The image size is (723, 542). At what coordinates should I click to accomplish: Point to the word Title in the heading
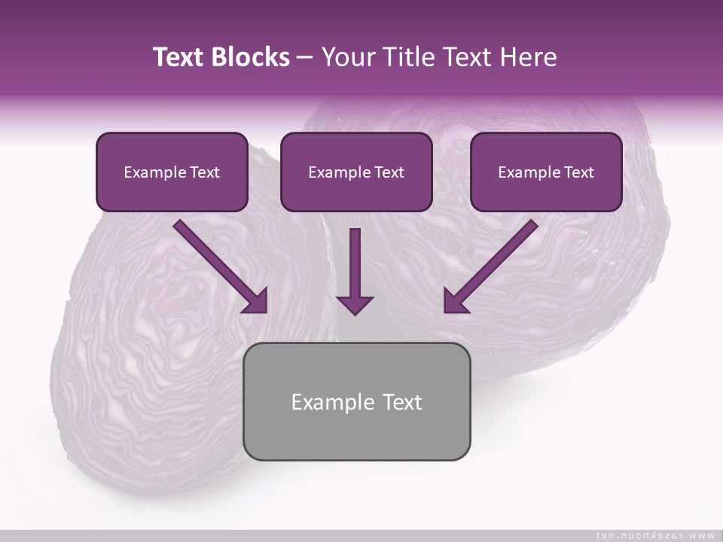pos(410,57)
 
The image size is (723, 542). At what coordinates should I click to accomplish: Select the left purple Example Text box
pos(172,172)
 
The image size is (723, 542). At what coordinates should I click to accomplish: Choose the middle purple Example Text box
pos(356,172)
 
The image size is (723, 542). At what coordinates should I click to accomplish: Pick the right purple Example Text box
pos(546,172)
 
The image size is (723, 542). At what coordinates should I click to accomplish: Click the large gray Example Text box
pos(356,401)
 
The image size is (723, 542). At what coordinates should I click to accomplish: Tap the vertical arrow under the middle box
pos(355,263)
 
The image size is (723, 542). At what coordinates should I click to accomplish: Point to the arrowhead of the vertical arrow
pos(355,304)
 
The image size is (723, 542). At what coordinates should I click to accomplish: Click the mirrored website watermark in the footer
pos(654,535)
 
